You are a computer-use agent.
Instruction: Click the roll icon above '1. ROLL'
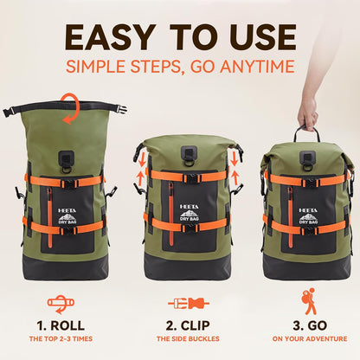(59, 304)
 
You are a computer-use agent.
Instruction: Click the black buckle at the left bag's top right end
(121, 109)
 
